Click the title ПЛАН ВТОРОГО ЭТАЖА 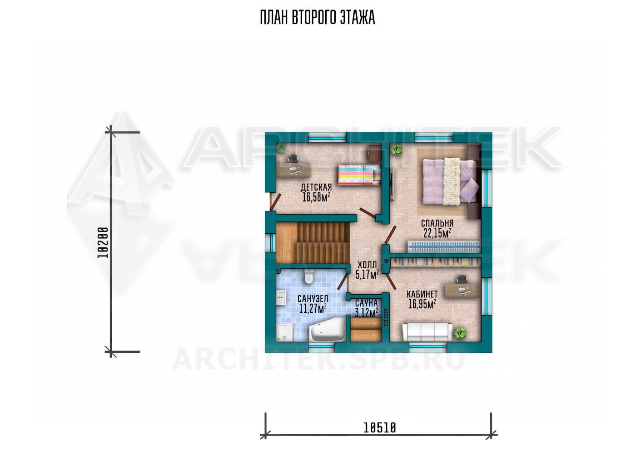point(318,18)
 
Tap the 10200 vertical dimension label point(103,242)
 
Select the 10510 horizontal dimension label point(380,427)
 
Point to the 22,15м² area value point(437,233)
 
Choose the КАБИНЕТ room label point(422,294)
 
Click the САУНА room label point(366,303)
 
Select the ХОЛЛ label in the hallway point(368,265)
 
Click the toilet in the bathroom point(308,276)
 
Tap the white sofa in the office point(427,331)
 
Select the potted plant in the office point(460,333)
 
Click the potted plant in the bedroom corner point(396,150)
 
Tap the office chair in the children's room point(293,158)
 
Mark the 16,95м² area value point(422,304)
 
